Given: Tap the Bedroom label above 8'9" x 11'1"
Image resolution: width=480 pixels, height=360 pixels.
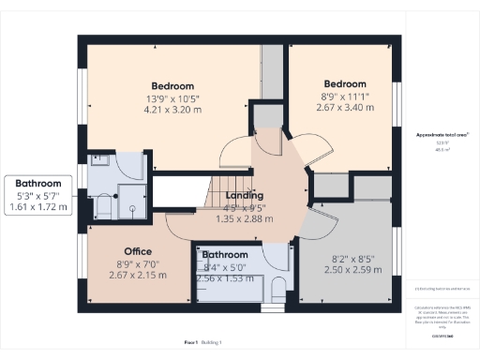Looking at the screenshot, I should (339, 82).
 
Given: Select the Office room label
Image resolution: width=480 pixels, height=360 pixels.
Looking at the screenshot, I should (138, 251).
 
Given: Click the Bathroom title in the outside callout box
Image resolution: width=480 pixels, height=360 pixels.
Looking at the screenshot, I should (38, 184).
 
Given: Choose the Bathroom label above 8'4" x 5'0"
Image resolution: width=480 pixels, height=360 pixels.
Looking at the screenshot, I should (225, 254).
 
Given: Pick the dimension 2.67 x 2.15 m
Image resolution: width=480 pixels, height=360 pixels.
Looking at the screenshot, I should (138, 275).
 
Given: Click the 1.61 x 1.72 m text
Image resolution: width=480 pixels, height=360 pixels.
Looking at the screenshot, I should (38, 207).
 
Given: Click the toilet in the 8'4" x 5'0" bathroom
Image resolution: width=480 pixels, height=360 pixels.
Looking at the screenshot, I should (280, 289).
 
